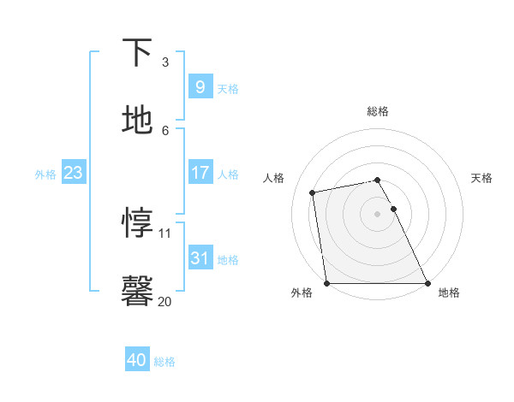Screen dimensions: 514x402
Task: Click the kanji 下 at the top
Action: point(137,53)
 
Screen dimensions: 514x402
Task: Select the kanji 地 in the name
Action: point(137,121)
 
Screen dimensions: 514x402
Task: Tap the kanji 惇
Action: point(137,223)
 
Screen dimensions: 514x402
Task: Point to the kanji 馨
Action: point(137,291)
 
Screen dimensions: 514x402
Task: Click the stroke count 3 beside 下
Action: point(164,62)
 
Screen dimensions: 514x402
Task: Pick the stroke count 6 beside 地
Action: point(164,130)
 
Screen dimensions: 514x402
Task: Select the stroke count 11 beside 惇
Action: point(165,233)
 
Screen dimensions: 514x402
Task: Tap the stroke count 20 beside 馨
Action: point(165,301)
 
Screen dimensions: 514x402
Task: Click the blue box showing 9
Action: point(200,86)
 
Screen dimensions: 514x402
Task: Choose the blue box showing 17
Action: point(200,173)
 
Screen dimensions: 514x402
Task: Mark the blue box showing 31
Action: point(200,257)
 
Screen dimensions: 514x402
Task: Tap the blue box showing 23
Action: point(73,173)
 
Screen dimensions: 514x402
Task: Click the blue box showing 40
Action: point(137,360)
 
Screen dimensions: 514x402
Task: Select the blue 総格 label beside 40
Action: point(164,362)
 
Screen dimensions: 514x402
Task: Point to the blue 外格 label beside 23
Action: point(45,174)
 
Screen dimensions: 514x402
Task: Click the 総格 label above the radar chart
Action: point(377,111)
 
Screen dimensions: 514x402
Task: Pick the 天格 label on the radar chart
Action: point(481,178)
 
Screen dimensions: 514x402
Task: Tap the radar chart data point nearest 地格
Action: point(427,283)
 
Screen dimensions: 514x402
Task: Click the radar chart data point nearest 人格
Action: point(314,192)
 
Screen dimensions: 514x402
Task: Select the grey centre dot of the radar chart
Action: point(377,214)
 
